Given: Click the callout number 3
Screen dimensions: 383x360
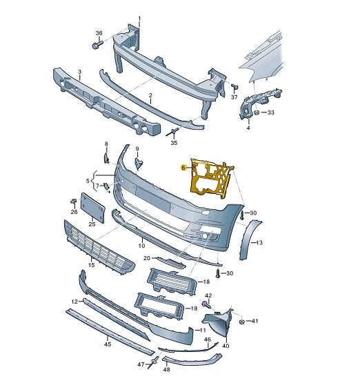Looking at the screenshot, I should (x=79, y=72).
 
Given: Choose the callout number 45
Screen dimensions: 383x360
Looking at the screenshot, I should (x=108, y=343).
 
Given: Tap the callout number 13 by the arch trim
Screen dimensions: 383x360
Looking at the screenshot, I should (x=259, y=243).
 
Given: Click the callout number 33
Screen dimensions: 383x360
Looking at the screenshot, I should (x=271, y=112).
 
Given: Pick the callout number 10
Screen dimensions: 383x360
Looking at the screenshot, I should (x=141, y=245).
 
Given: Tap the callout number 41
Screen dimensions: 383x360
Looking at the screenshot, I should (x=255, y=322).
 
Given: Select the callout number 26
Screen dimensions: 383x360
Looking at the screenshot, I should (x=74, y=212).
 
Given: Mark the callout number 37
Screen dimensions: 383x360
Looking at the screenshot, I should (x=234, y=97).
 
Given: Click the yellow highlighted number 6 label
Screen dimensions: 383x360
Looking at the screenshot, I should (x=183, y=167).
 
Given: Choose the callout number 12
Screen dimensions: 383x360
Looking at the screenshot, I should (x=74, y=302).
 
